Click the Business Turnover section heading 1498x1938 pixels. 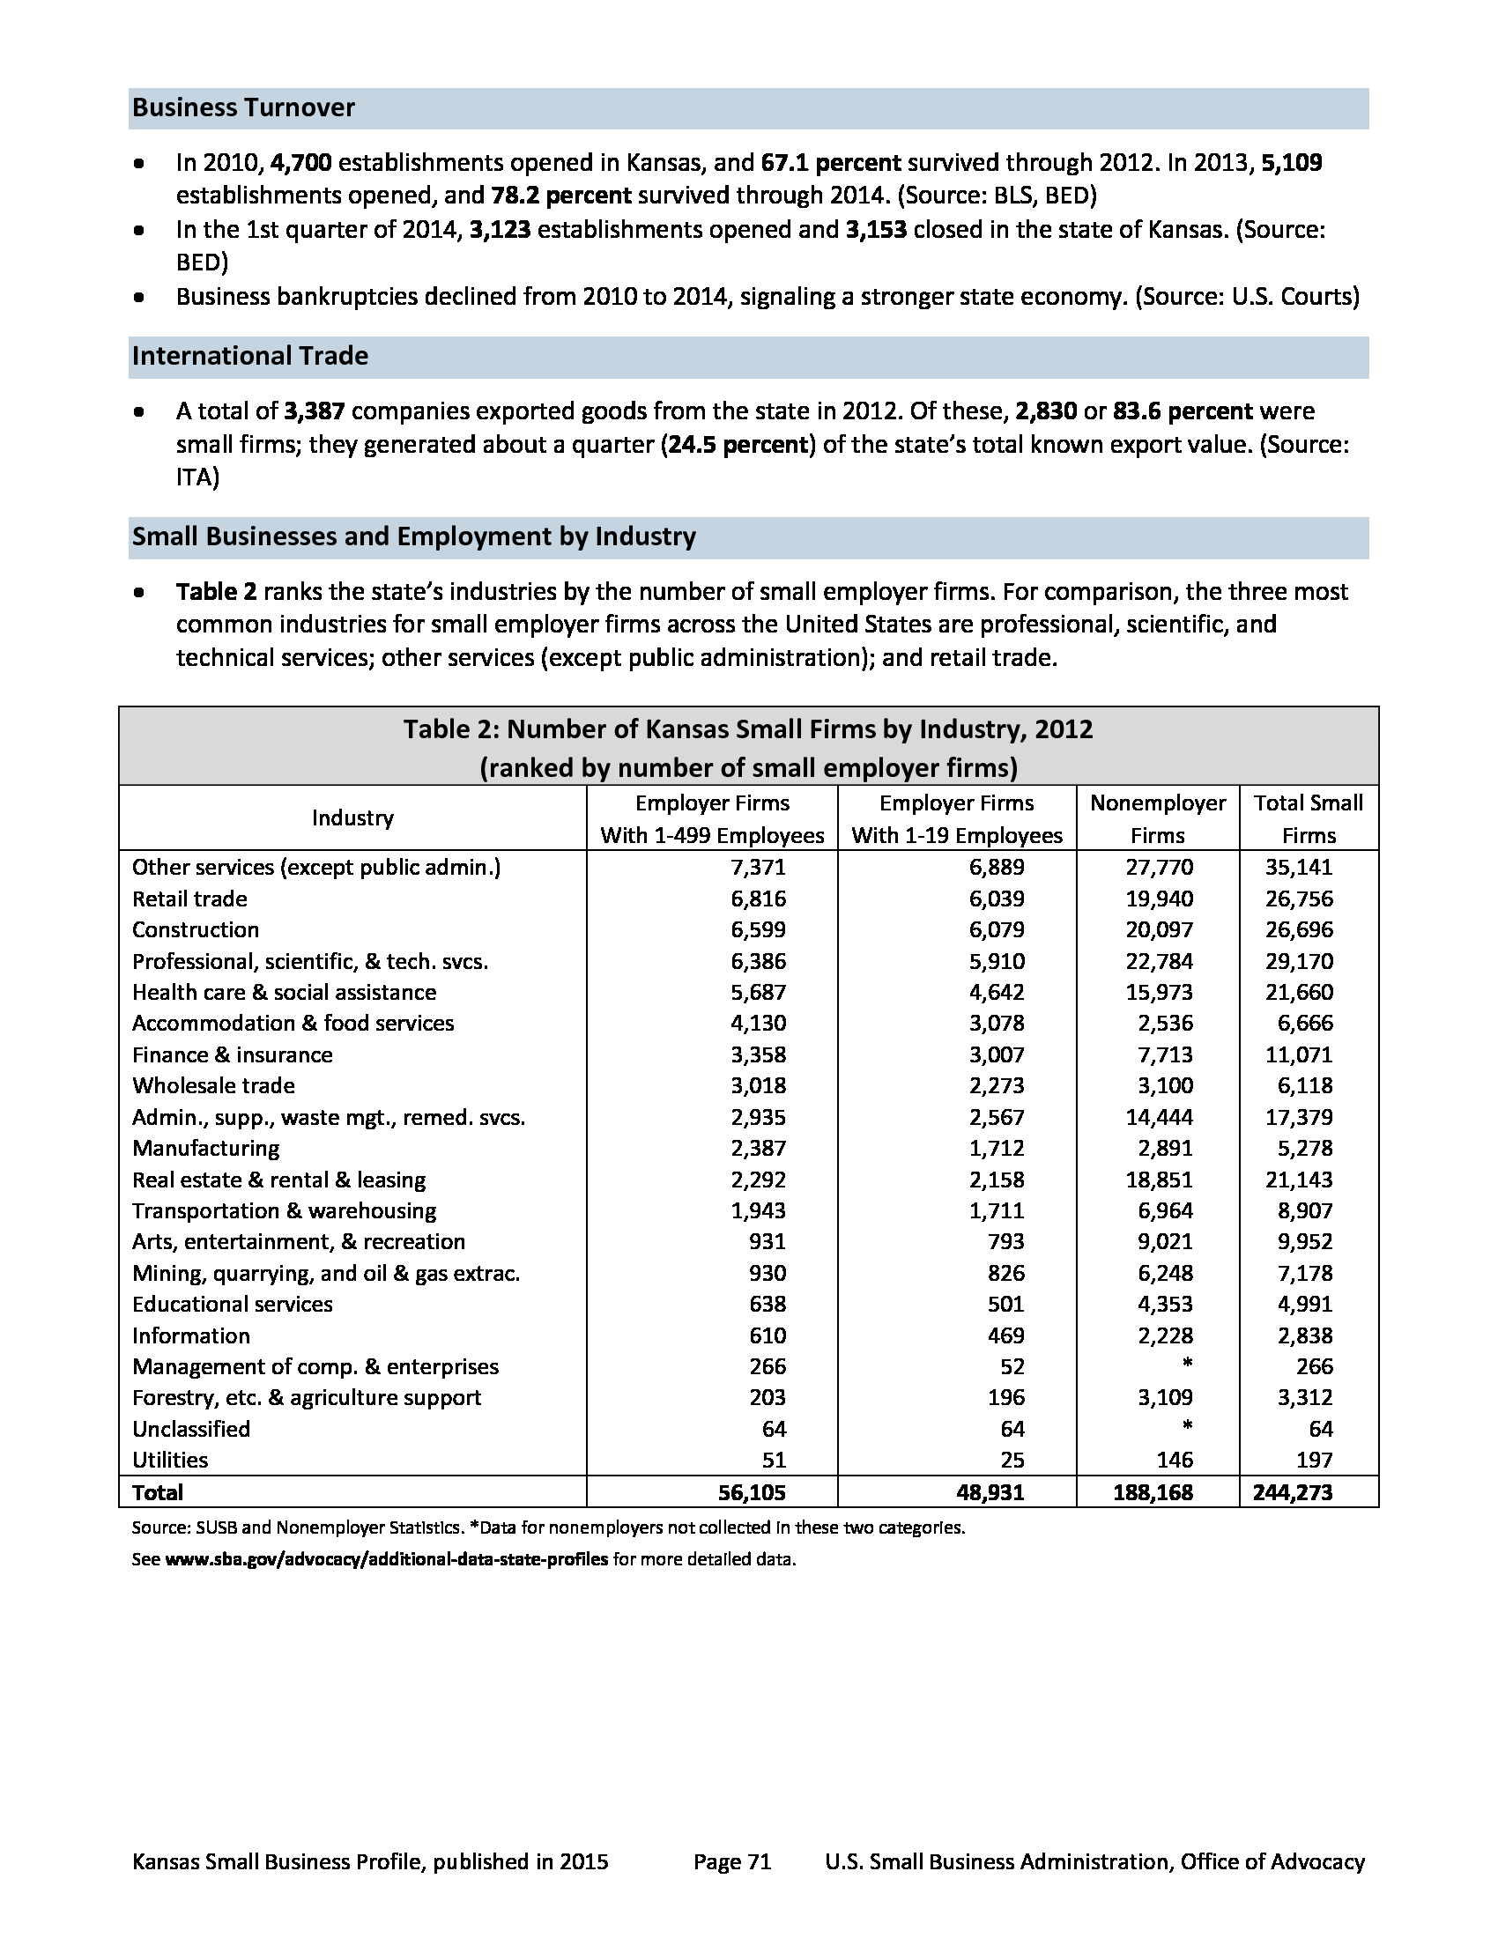243,108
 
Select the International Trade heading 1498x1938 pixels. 249,356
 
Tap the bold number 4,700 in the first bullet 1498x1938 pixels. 300,163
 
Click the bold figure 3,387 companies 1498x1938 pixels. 315,411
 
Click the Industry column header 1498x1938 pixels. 352,818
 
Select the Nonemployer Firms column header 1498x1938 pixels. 1157,818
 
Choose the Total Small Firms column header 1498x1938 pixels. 1308,818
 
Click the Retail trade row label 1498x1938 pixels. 190,899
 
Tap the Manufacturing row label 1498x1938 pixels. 206,1148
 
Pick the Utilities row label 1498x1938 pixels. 170,1460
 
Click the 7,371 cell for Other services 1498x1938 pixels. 758,867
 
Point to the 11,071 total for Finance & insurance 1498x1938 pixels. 1299,1055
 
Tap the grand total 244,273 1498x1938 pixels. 1292,1492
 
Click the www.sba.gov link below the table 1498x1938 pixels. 387,1559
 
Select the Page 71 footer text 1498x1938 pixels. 732,1861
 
